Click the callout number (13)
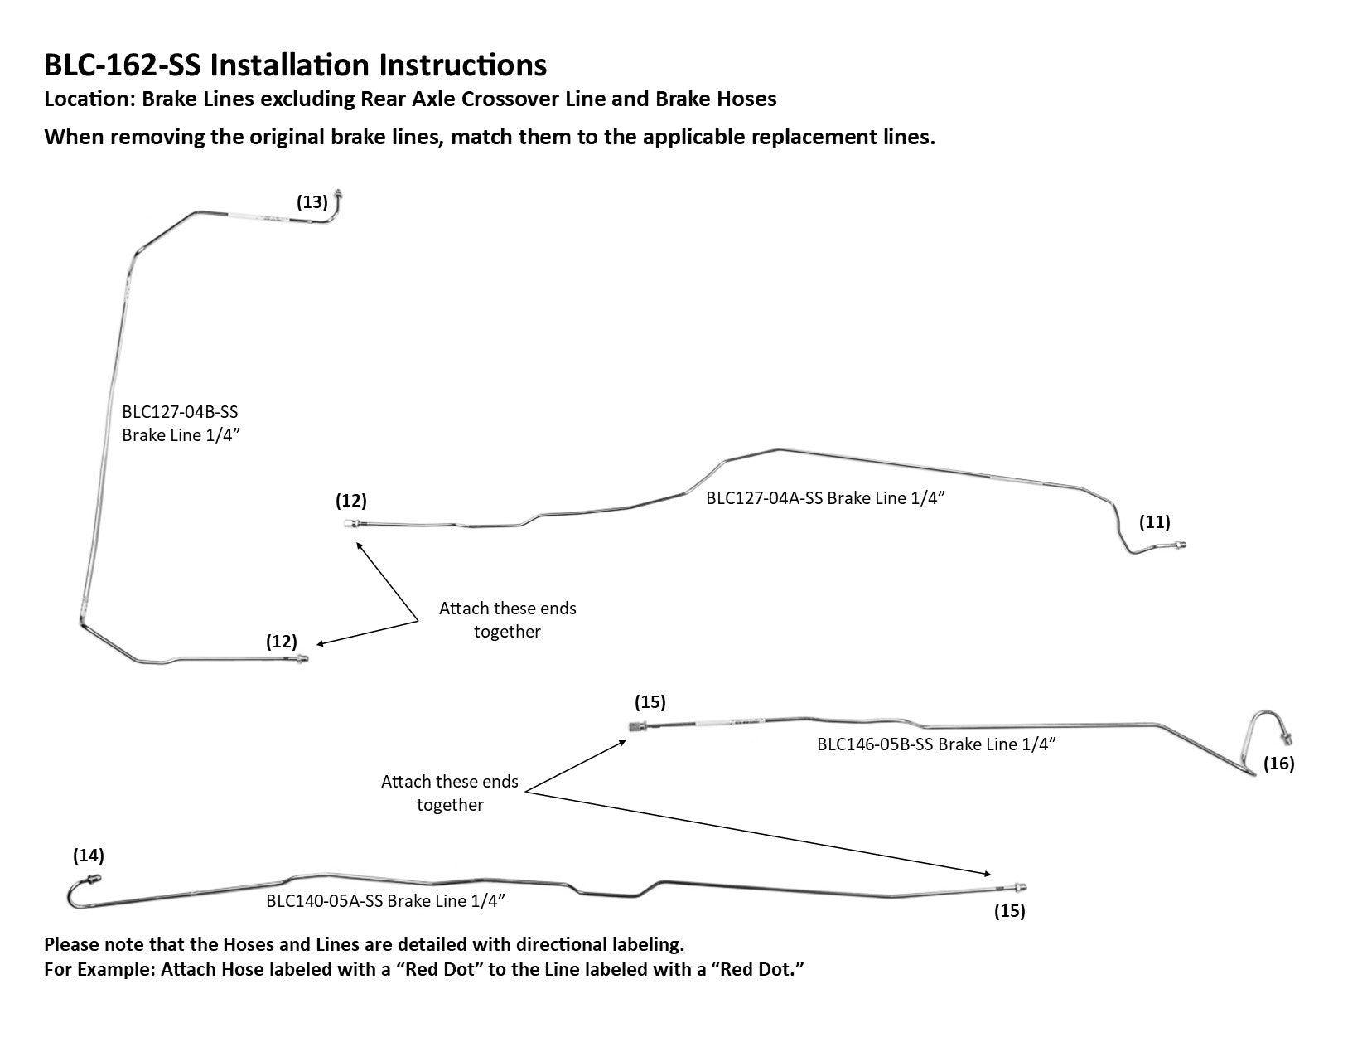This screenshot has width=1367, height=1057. tap(312, 201)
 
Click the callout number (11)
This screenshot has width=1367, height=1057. tap(1154, 521)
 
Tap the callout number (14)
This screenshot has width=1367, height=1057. tap(89, 854)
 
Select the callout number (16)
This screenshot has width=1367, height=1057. tap(1278, 763)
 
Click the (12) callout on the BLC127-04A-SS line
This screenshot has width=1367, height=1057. tap(350, 501)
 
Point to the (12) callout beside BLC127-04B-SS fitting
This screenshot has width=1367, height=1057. tap(281, 641)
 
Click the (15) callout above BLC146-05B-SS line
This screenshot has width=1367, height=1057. tap(650, 702)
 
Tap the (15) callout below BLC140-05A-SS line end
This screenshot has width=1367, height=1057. tap(1009, 911)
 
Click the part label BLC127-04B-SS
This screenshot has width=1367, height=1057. tap(180, 412)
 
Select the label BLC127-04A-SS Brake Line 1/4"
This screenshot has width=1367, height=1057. tap(825, 498)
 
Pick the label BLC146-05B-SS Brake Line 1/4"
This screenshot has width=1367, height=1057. tap(936, 744)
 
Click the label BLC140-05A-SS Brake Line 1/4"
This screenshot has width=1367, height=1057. tap(385, 901)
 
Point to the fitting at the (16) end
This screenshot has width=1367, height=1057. tap(1287, 737)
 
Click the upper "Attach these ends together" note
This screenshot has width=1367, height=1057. tap(507, 619)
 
